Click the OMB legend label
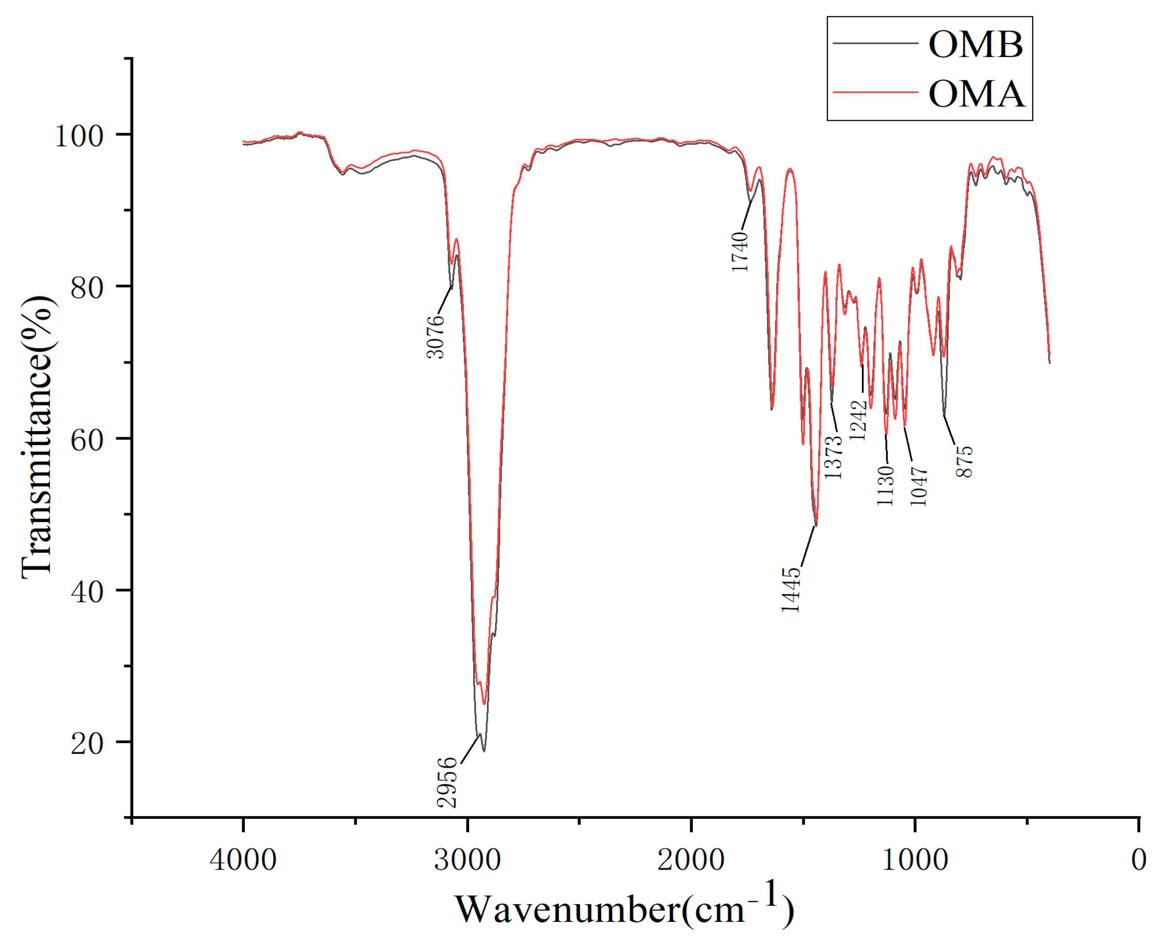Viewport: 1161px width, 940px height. point(975,44)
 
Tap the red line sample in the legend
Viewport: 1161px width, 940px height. point(875,92)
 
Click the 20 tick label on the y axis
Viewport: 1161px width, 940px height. point(87,743)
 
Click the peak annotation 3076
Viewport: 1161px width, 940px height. point(436,337)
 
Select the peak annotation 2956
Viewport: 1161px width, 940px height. point(448,783)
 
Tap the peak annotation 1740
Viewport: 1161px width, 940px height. point(740,252)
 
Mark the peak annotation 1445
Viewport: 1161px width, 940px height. point(790,590)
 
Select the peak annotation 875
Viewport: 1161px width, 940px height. point(964,461)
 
